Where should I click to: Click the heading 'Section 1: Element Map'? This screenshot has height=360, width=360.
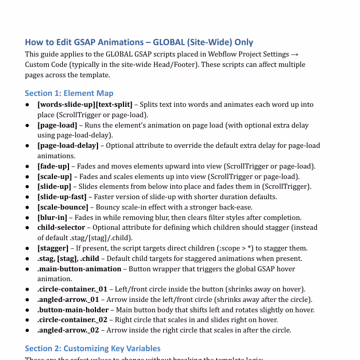(69, 93)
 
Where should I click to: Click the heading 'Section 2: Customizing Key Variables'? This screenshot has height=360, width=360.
(93, 348)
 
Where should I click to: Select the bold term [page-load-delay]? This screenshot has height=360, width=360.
(68, 145)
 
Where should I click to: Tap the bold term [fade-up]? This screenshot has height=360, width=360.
(53, 166)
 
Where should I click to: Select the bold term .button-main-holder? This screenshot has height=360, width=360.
(73, 310)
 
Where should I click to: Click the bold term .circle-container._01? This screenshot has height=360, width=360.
(72, 289)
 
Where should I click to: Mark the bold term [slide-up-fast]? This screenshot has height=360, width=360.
(62, 197)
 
